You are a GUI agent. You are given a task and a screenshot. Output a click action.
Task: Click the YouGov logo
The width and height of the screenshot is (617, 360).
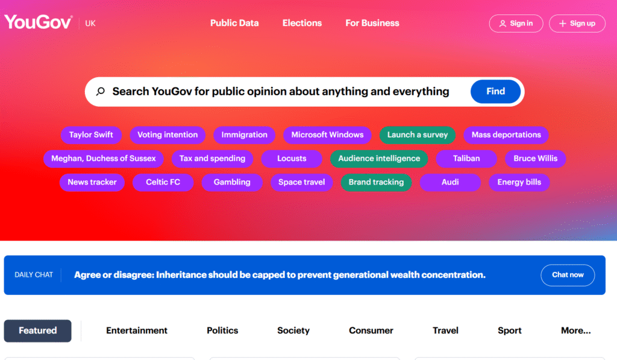38,22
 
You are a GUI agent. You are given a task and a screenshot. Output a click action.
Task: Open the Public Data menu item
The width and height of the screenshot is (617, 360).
234,24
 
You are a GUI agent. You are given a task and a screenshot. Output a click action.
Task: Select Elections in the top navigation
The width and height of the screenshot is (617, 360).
302,24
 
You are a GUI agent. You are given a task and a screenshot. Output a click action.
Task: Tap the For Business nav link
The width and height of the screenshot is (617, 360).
372,24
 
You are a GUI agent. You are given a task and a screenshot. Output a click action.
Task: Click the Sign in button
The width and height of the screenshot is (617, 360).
516,24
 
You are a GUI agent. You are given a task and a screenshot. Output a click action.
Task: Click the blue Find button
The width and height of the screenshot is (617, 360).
495,92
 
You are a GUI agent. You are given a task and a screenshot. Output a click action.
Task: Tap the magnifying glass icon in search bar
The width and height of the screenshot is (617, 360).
101,92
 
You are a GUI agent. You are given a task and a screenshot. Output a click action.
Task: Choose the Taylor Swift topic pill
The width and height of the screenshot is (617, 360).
92,134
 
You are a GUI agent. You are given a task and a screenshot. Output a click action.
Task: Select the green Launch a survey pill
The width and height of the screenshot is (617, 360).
418,134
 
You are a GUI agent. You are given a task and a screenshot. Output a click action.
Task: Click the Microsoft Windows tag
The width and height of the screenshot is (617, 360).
327,134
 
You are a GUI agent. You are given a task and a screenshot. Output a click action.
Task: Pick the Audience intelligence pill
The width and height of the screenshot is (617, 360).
379,159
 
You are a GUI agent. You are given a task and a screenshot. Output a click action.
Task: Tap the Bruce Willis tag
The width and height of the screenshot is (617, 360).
536,159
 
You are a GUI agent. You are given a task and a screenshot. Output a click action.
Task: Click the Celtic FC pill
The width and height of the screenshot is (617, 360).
163,182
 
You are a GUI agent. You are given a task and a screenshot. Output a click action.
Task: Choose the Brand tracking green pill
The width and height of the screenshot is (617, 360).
376,182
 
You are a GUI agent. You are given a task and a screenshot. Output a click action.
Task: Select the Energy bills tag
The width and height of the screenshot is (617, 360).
519,182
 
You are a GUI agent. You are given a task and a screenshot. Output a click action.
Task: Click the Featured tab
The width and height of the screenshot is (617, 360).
38,331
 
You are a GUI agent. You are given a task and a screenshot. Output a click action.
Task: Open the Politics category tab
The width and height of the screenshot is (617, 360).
222,331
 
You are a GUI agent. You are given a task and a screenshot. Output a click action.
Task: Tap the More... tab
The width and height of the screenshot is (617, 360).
575,331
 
